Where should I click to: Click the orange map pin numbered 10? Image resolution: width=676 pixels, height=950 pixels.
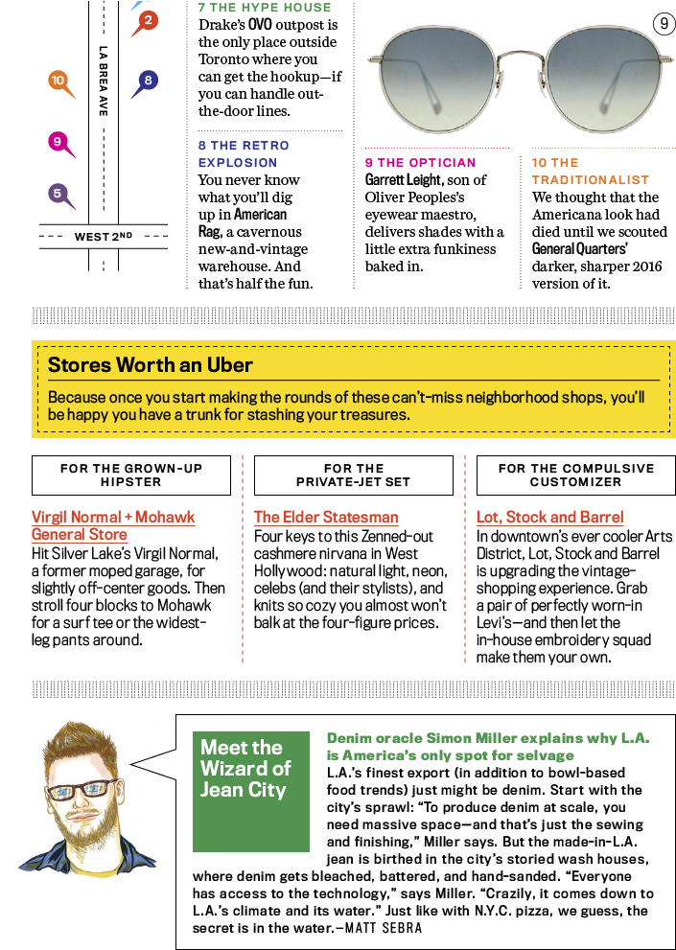(58, 81)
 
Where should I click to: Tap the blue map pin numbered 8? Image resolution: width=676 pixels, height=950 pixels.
(147, 81)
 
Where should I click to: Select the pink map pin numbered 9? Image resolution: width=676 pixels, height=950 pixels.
(58, 143)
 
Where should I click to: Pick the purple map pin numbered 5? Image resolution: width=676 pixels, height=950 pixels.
(58, 195)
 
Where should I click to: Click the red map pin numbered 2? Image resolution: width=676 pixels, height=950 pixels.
(147, 22)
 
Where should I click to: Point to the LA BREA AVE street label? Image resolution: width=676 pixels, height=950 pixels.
(103, 81)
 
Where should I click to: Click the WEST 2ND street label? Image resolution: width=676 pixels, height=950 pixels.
(103, 236)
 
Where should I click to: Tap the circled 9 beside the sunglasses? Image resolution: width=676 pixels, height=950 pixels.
(664, 24)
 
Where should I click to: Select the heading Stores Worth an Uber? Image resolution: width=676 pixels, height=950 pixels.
(151, 364)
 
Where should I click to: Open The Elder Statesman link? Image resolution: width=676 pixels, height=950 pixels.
(326, 517)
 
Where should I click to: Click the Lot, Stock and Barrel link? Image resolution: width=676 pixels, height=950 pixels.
(549, 517)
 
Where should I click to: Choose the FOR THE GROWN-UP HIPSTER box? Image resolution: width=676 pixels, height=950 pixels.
(131, 475)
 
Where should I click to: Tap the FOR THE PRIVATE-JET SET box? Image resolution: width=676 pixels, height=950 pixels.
(354, 475)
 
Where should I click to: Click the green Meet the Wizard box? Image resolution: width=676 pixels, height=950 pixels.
(251, 791)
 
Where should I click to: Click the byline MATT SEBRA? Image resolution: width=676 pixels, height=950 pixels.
(384, 928)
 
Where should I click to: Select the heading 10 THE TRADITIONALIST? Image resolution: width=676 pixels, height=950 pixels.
(591, 171)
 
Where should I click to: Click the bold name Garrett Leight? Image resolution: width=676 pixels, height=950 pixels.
(403, 180)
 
